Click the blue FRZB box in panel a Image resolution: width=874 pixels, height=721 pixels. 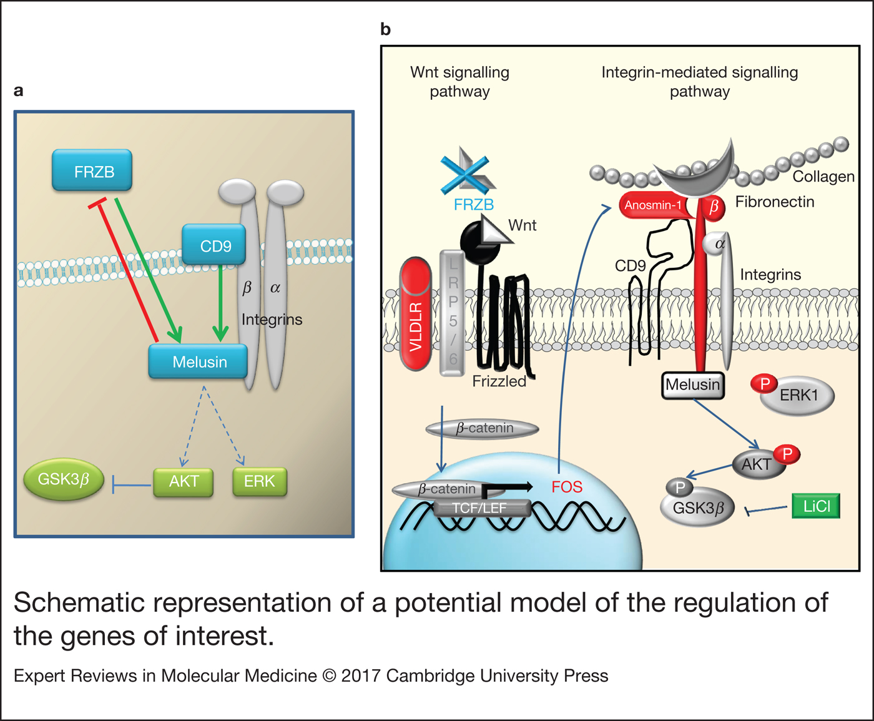[x=92, y=170]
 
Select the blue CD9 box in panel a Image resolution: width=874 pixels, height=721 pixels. [x=214, y=245]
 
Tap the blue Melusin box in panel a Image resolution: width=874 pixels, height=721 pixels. [x=199, y=361]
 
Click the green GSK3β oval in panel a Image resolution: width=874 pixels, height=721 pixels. [x=63, y=479]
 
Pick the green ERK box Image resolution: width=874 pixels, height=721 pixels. [x=259, y=481]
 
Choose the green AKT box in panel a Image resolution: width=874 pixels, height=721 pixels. [x=184, y=481]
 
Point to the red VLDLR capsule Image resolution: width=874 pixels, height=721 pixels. [x=416, y=315]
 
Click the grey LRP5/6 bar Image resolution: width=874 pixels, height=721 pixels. [x=453, y=313]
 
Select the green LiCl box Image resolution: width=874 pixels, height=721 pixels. [x=816, y=506]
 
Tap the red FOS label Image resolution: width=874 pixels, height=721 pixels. [x=566, y=487]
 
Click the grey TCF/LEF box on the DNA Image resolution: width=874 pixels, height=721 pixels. [x=479, y=508]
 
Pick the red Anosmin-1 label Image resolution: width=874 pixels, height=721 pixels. [x=653, y=205]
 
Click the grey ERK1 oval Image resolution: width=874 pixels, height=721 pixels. [x=798, y=395]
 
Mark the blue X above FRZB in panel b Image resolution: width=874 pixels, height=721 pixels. [x=464, y=173]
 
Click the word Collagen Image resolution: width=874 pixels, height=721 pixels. [x=823, y=177]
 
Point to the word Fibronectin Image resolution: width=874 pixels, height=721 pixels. [x=775, y=202]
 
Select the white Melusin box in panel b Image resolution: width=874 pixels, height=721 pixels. [x=692, y=385]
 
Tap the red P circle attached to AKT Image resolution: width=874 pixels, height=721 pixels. [x=787, y=454]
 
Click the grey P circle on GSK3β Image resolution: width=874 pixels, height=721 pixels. [x=680, y=488]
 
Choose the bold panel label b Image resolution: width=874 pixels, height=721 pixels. [x=386, y=29]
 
